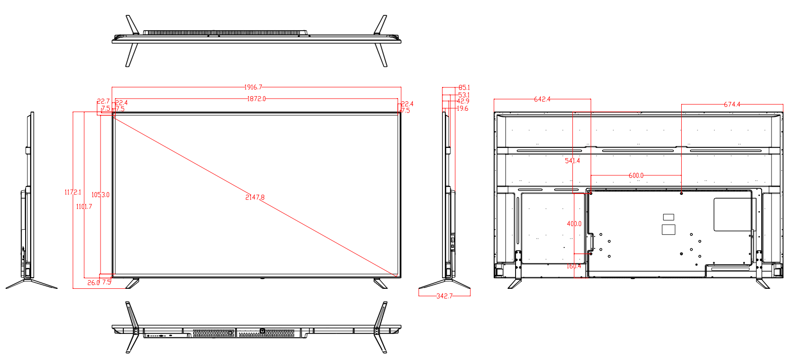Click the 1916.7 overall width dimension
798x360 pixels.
[253, 87]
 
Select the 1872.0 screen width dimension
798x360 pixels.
[256, 99]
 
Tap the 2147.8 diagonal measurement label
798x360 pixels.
[255, 197]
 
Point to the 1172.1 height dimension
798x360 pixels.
[73, 192]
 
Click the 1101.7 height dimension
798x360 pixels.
[84, 207]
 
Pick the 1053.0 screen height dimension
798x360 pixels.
[101, 194]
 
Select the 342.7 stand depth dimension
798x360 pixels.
[444, 296]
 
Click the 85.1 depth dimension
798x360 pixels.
[464, 87]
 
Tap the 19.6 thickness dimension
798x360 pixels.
[462, 108]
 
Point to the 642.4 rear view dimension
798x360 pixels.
[542, 99]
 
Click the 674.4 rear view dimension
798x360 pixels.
[732, 104]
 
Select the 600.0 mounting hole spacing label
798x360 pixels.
[636, 175]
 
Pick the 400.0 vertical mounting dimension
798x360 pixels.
[574, 224]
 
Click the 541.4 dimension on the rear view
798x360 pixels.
[572, 161]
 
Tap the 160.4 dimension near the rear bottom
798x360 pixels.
[574, 266]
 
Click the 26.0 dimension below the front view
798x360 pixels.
[93, 282]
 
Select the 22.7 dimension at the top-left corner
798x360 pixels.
[103, 101]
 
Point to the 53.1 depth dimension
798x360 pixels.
[463, 95]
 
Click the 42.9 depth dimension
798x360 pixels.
[463, 101]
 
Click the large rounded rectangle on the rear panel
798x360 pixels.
[732, 214]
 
